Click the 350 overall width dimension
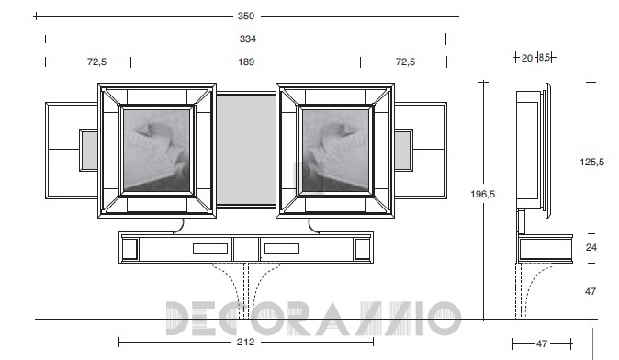[x=245, y=17]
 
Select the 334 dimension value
[x=248, y=39]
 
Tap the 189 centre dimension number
[x=246, y=62]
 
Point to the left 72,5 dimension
[x=96, y=62]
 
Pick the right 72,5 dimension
[x=405, y=62]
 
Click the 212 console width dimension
[x=245, y=342]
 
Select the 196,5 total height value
[x=482, y=194]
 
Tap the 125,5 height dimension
[x=591, y=162]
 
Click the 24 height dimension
[x=591, y=247]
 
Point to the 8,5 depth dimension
[x=545, y=58]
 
